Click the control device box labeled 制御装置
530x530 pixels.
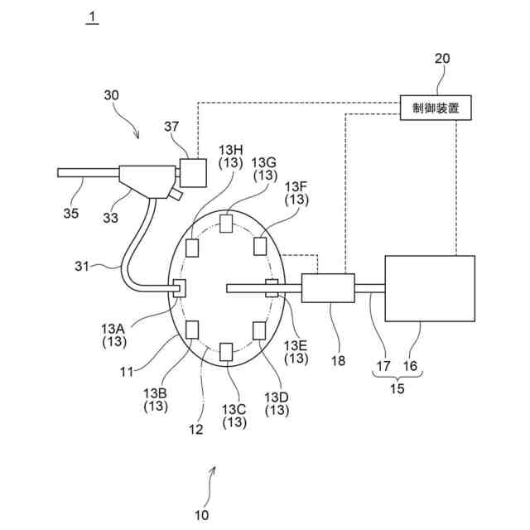(x=436, y=107)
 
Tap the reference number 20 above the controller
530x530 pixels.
(x=443, y=60)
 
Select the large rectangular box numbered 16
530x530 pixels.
(x=430, y=287)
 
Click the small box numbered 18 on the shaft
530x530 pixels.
(x=328, y=288)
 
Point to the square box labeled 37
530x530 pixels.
(x=194, y=172)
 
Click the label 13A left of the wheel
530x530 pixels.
(x=115, y=327)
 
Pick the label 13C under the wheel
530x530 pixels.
(x=234, y=408)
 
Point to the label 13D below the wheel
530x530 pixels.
(x=277, y=396)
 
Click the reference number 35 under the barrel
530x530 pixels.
(x=71, y=213)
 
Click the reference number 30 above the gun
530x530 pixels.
(x=111, y=95)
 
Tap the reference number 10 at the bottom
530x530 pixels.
(x=202, y=514)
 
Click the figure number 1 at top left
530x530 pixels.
(x=93, y=17)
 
